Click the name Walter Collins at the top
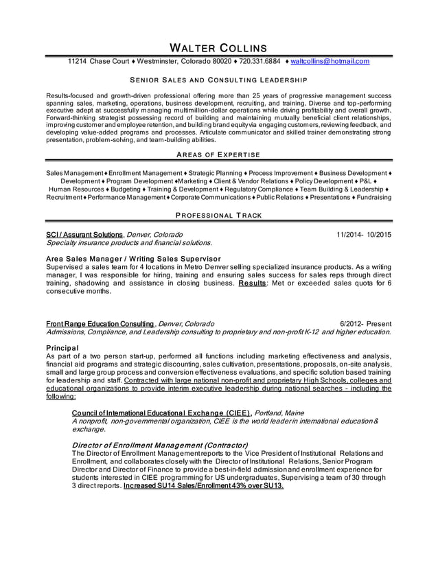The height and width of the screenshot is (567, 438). pyautogui.click(x=218, y=47)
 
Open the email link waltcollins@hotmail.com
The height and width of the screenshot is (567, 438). pyautogui.click(x=330, y=61)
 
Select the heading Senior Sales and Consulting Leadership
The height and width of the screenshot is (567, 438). pyautogui.click(x=218, y=80)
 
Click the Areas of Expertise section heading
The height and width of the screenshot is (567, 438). pyautogui.click(x=218, y=155)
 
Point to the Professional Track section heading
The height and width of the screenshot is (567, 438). pyautogui.click(x=218, y=215)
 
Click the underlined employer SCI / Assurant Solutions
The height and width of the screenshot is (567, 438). pyautogui.click(x=84, y=234)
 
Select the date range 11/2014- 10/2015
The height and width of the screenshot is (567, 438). pyautogui.click(x=364, y=234)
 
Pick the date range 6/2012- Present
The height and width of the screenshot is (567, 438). pyautogui.click(x=365, y=323)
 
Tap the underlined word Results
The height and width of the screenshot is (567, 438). pyautogui.click(x=253, y=283)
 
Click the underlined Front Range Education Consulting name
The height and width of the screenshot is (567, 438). pyautogui.click(x=100, y=323)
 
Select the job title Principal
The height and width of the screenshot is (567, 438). pyautogui.click(x=62, y=347)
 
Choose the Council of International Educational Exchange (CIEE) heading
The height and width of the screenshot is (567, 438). pyautogui.click(x=161, y=413)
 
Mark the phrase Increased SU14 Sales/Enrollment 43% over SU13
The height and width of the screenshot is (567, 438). pyautogui.click(x=203, y=485)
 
